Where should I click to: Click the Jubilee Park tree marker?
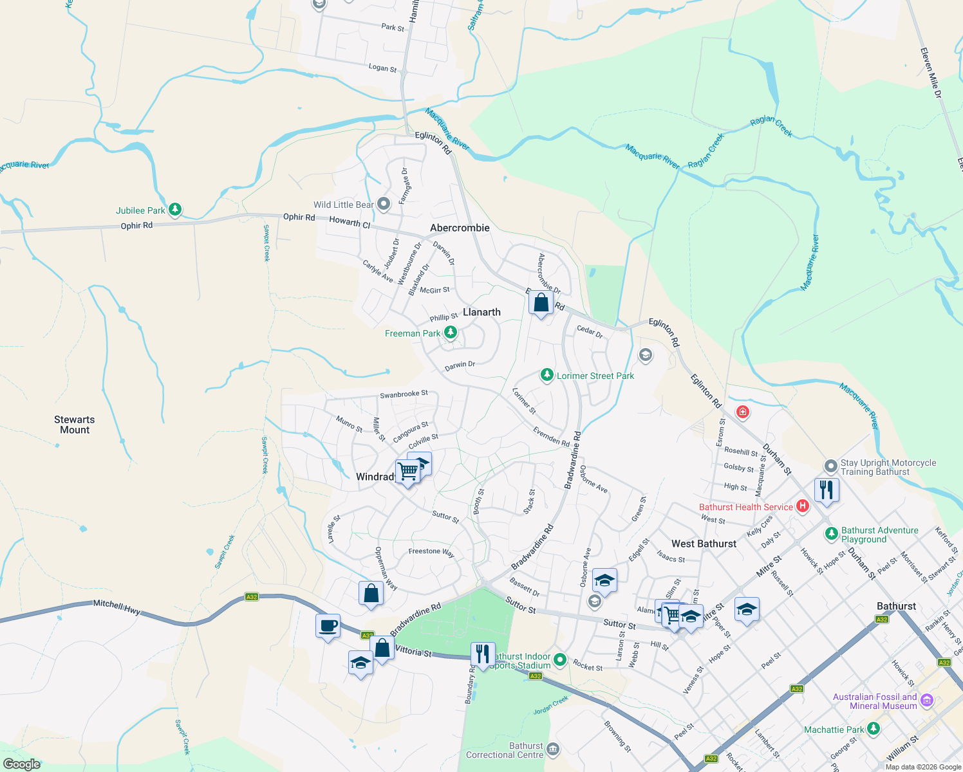pos(174,210)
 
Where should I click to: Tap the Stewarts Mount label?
pos(75,425)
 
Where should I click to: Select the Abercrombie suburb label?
pos(460,228)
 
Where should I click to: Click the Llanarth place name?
pos(481,312)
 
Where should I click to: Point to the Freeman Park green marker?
pos(451,333)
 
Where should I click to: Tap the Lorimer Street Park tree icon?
pos(547,375)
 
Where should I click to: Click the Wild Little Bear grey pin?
pos(384,205)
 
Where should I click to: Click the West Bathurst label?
pos(704,544)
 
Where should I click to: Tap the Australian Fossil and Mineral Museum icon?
pos(927,700)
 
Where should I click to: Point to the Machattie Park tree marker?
pos(873,729)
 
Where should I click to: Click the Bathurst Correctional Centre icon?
pos(553,749)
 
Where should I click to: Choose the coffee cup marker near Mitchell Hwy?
pos(328,625)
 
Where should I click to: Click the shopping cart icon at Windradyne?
pos(408,472)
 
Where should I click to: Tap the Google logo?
pos(22,764)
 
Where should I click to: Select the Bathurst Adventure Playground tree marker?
pos(831,534)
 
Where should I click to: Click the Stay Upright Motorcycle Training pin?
pos(831,466)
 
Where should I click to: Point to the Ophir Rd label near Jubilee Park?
pos(136,226)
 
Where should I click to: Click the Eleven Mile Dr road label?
pos(931,73)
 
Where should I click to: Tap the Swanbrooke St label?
pos(404,394)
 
